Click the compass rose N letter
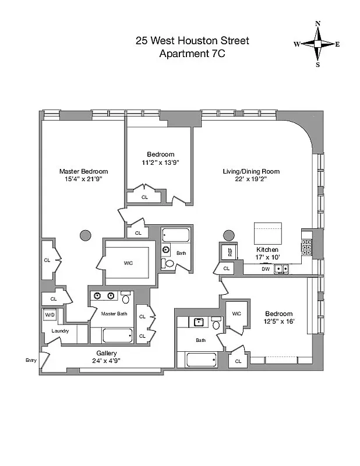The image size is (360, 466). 317,24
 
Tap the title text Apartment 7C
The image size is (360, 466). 192,54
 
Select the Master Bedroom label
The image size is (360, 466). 83,171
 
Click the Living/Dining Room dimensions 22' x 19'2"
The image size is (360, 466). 251,179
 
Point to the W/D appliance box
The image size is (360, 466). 49,315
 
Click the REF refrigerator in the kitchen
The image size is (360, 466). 230,252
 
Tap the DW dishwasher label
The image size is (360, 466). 265,269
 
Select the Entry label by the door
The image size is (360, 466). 31,361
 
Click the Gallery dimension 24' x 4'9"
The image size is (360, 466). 107,361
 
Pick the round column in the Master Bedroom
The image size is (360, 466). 85,236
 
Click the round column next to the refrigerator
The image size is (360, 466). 228,236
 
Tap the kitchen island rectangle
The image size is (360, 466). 267,234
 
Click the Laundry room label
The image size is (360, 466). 60,331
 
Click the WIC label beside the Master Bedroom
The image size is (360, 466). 128,263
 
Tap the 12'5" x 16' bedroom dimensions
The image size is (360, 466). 278,322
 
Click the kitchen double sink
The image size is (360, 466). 283,269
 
